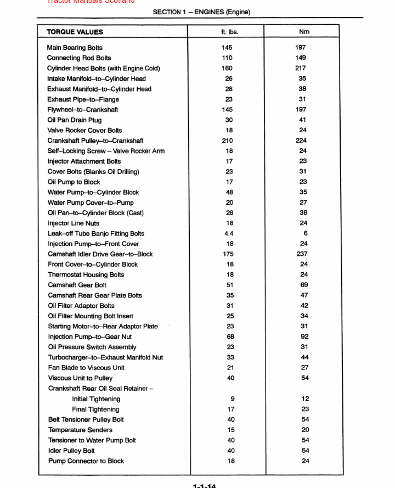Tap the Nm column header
(304, 32)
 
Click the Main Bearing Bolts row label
(75, 48)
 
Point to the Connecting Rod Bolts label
(79, 58)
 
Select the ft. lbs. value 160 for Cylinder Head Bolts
(227, 69)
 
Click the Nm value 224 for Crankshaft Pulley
(301, 141)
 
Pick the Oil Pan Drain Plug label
(74, 120)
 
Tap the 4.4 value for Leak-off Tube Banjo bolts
(229, 233)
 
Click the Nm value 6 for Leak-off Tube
(305, 233)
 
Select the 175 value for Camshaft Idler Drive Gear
(228, 254)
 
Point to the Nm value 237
(302, 254)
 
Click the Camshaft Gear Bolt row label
(77, 285)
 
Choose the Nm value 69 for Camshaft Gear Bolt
(304, 285)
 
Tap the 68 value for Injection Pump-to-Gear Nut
(230, 336)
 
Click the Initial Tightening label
(96, 399)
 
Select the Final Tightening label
(95, 410)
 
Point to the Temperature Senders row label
(80, 430)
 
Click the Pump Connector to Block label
(86, 461)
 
